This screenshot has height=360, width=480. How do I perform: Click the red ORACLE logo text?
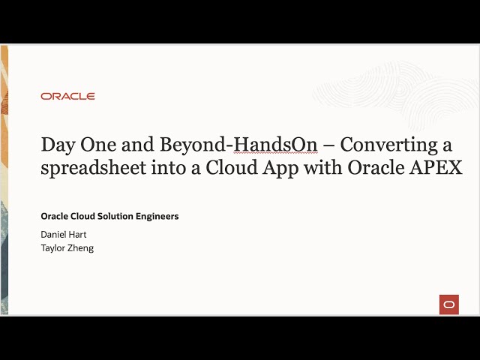coord(67,96)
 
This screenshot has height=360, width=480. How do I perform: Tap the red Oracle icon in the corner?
coord(448,304)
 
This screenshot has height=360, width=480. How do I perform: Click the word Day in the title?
coord(57,145)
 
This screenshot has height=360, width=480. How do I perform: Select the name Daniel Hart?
coord(63,234)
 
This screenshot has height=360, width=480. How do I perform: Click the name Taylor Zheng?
coord(67,247)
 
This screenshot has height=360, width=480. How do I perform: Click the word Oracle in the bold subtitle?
coord(54,216)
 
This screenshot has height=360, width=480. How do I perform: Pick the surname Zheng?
coord(80,247)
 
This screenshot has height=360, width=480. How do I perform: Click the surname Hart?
coord(77,234)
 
